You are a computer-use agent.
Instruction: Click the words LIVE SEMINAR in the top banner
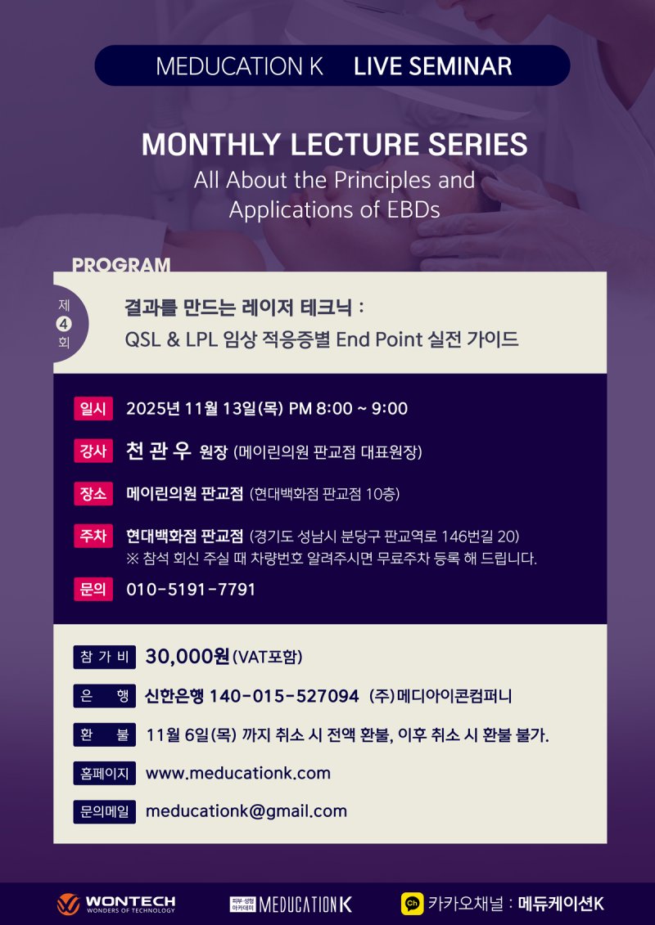(432, 66)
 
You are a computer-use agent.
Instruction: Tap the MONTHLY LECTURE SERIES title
(334, 145)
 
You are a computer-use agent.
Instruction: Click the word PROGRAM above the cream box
(121, 265)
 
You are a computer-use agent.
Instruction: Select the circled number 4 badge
(64, 324)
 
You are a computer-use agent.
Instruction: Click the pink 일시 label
(93, 409)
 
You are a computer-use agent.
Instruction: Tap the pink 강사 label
(93, 451)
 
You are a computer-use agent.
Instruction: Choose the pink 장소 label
(93, 494)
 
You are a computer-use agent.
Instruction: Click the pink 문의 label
(93, 589)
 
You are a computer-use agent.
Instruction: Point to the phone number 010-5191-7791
(191, 589)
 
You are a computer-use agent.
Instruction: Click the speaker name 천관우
(159, 451)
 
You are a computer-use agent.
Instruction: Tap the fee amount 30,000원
(187, 657)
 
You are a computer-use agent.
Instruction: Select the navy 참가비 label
(104, 657)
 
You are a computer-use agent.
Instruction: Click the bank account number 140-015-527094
(284, 696)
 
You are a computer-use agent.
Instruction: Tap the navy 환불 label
(104, 735)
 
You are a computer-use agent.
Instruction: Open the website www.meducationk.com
(237, 773)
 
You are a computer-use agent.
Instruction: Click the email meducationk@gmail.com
(246, 811)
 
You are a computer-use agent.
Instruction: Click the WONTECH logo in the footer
(116, 904)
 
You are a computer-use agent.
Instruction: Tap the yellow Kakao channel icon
(412, 904)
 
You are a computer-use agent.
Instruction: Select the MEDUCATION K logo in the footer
(291, 904)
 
